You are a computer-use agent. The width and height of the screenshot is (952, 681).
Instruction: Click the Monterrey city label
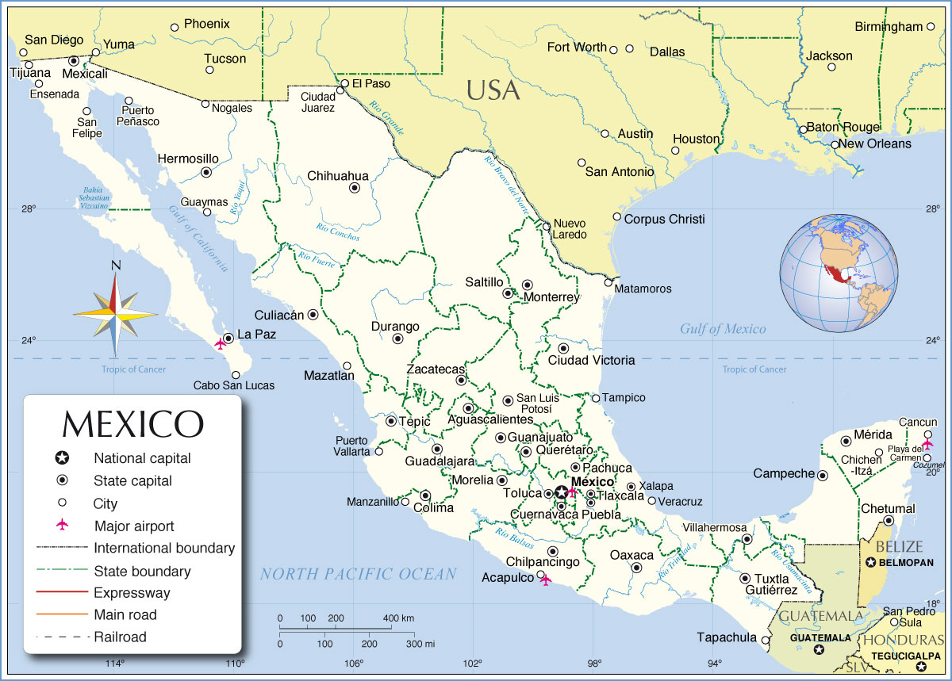(x=552, y=298)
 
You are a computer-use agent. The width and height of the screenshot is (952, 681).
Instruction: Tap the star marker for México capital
(x=562, y=492)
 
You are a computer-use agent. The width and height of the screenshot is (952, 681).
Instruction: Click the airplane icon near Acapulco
(x=545, y=580)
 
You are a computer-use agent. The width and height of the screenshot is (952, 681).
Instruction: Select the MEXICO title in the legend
(x=132, y=424)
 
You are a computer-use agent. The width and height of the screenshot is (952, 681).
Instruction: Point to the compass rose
(x=116, y=314)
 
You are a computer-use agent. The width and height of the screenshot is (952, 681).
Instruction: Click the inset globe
(x=839, y=274)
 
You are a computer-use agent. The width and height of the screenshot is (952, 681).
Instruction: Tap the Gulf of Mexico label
(x=723, y=329)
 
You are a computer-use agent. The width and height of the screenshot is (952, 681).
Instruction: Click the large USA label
(x=493, y=90)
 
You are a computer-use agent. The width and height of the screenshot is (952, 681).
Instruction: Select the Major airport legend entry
(x=134, y=526)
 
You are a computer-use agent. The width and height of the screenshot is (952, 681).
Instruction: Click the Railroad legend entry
(x=120, y=637)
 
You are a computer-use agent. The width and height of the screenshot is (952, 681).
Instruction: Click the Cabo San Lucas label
(x=234, y=385)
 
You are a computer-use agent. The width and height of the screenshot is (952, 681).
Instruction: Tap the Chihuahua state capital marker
(x=355, y=188)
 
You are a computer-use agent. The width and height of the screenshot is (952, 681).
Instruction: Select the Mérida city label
(x=873, y=434)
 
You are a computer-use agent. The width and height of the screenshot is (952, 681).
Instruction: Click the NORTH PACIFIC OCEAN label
(x=359, y=574)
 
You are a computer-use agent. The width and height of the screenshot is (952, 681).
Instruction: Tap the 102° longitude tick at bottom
(x=473, y=664)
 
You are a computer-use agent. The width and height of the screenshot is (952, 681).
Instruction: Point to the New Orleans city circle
(x=835, y=144)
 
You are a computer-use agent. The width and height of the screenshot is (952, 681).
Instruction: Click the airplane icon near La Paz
(x=221, y=344)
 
